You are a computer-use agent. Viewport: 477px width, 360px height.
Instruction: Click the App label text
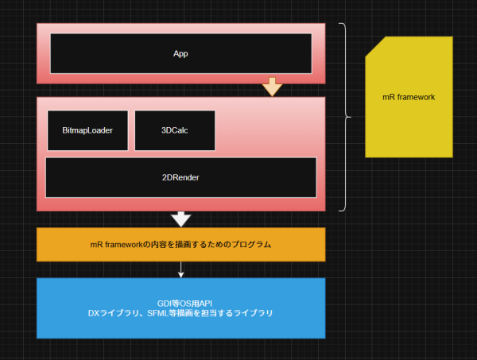point(180,54)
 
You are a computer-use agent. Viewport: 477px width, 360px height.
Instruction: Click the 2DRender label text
point(180,177)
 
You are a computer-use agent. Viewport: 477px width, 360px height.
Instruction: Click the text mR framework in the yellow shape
point(409,97)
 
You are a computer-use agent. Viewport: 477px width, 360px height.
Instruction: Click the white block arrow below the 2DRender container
point(181,219)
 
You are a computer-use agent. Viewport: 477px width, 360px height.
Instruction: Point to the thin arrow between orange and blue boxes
point(181,269)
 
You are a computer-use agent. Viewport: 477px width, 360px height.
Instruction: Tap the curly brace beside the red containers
point(346,117)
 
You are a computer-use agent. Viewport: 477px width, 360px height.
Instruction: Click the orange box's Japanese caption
point(180,245)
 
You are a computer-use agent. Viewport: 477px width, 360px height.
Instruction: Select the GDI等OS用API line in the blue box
point(180,303)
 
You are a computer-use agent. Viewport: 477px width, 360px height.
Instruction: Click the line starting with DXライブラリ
point(180,313)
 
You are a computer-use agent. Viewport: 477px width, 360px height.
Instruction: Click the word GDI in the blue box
point(165,303)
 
